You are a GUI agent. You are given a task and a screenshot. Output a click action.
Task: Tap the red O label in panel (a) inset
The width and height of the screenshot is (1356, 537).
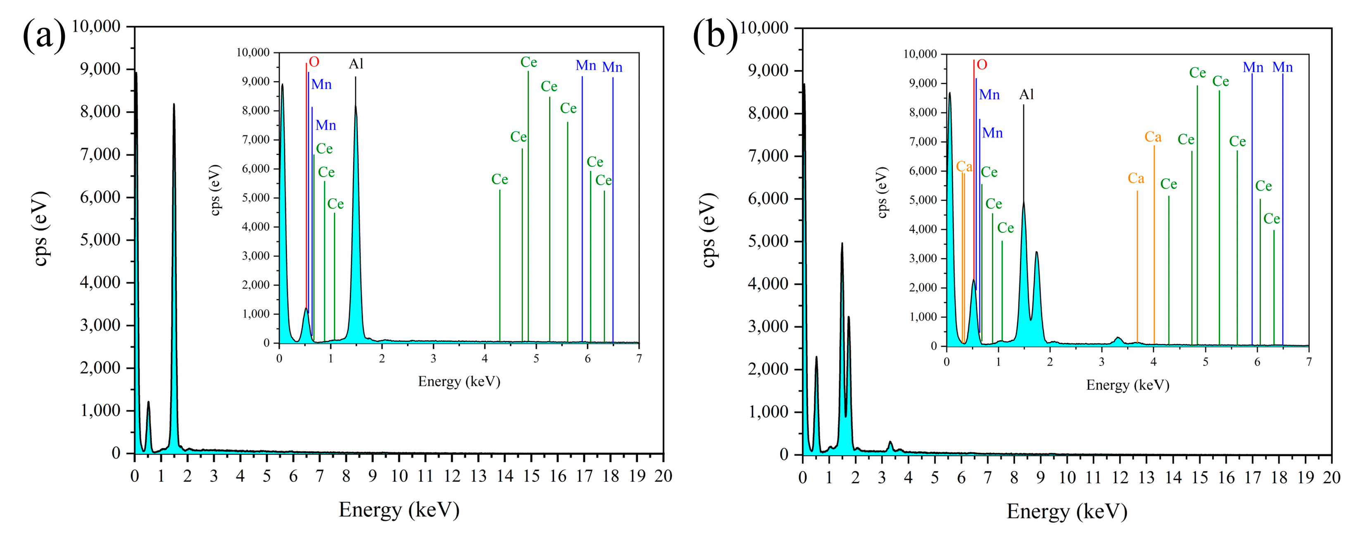(x=314, y=62)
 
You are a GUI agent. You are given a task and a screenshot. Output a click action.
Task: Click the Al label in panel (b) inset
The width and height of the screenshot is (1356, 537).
(x=1026, y=95)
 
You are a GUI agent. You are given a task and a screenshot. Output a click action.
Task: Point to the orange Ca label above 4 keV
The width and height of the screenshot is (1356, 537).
(x=1153, y=137)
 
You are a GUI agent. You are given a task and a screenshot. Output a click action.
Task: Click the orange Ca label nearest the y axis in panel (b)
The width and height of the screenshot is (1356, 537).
(x=964, y=167)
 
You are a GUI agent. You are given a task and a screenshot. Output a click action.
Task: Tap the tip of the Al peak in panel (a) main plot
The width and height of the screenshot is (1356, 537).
(x=174, y=105)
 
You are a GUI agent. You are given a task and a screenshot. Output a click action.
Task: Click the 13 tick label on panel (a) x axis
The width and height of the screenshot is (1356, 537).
(x=478, y=476)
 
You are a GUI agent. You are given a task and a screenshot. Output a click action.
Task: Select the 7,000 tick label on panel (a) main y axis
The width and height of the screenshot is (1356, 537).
(x=100, y=155)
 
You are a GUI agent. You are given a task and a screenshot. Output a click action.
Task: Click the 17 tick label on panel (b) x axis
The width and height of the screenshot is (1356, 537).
(x=1252, y=478)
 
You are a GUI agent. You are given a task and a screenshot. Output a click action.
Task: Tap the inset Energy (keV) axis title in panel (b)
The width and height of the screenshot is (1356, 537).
(x=1128, y=385)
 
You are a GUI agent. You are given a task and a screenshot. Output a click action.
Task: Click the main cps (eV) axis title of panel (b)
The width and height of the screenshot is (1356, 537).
(x=709, y=230)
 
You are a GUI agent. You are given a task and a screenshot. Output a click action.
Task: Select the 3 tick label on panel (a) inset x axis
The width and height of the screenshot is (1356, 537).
(x=433, y=359)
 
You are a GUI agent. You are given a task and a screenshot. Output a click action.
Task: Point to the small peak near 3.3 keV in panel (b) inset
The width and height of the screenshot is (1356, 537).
(x=1118, y=338)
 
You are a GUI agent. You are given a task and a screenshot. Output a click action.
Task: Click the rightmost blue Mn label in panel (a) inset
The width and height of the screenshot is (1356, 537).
(x=612, y=67)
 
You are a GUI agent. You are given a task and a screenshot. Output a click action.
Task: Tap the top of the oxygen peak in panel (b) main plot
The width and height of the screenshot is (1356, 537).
(x=816, y=357)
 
